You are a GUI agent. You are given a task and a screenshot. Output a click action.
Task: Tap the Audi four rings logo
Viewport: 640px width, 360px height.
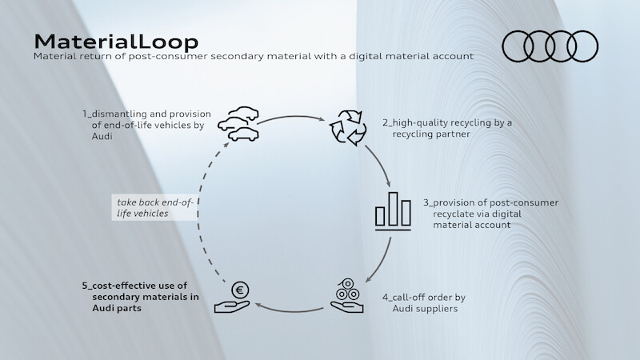tap(550, 46)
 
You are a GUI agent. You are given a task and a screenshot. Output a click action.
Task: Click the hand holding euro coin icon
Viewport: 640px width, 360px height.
tap(238, 297)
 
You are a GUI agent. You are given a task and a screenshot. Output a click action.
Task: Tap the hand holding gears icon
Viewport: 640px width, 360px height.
tap(350, 295)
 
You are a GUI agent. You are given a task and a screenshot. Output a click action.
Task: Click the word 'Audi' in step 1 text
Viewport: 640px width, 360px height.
tap(92, 137)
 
